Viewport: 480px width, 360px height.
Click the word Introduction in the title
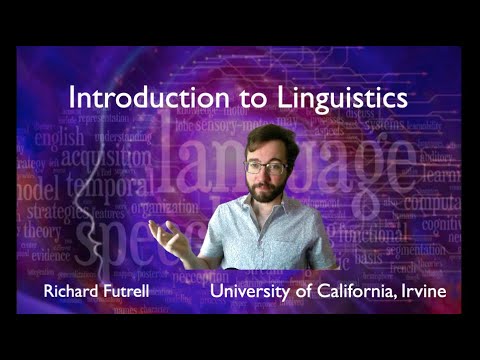(x=125, y=98)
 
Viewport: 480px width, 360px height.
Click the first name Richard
(x=73, y=293)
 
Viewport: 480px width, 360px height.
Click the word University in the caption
(x=250, y=293)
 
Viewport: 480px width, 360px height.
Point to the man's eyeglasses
(x=265, y=167)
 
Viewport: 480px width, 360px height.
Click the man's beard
(x=266, y=190)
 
